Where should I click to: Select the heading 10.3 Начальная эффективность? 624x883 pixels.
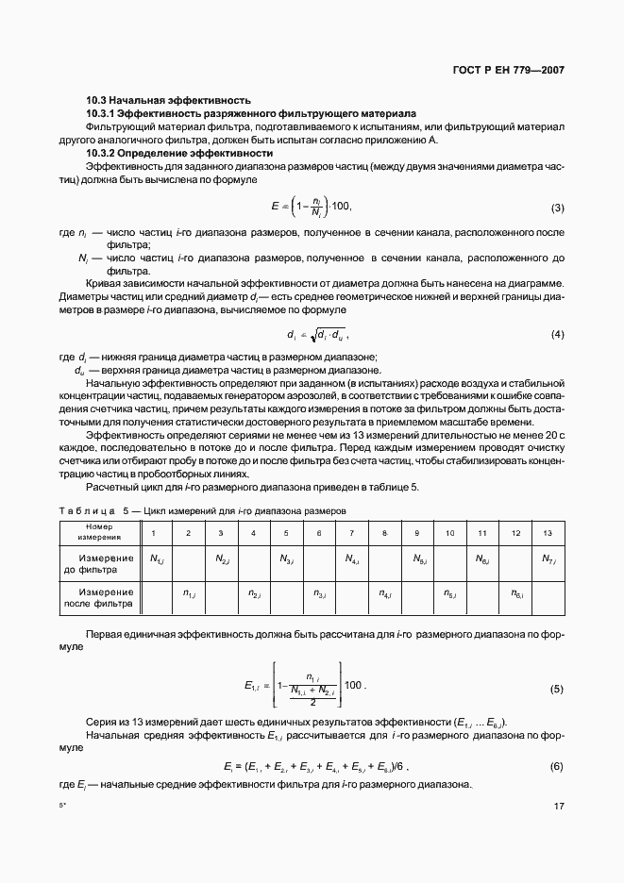(x=168, y=99)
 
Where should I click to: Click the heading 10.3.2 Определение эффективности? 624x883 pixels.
(x=179, y=152)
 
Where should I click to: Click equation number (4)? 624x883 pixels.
(x=557, y=335)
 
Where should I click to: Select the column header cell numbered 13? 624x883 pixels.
(x=547, y=533)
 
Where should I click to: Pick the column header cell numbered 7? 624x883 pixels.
(x=351, y=533)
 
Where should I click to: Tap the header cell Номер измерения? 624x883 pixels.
(x=98, y=532)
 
